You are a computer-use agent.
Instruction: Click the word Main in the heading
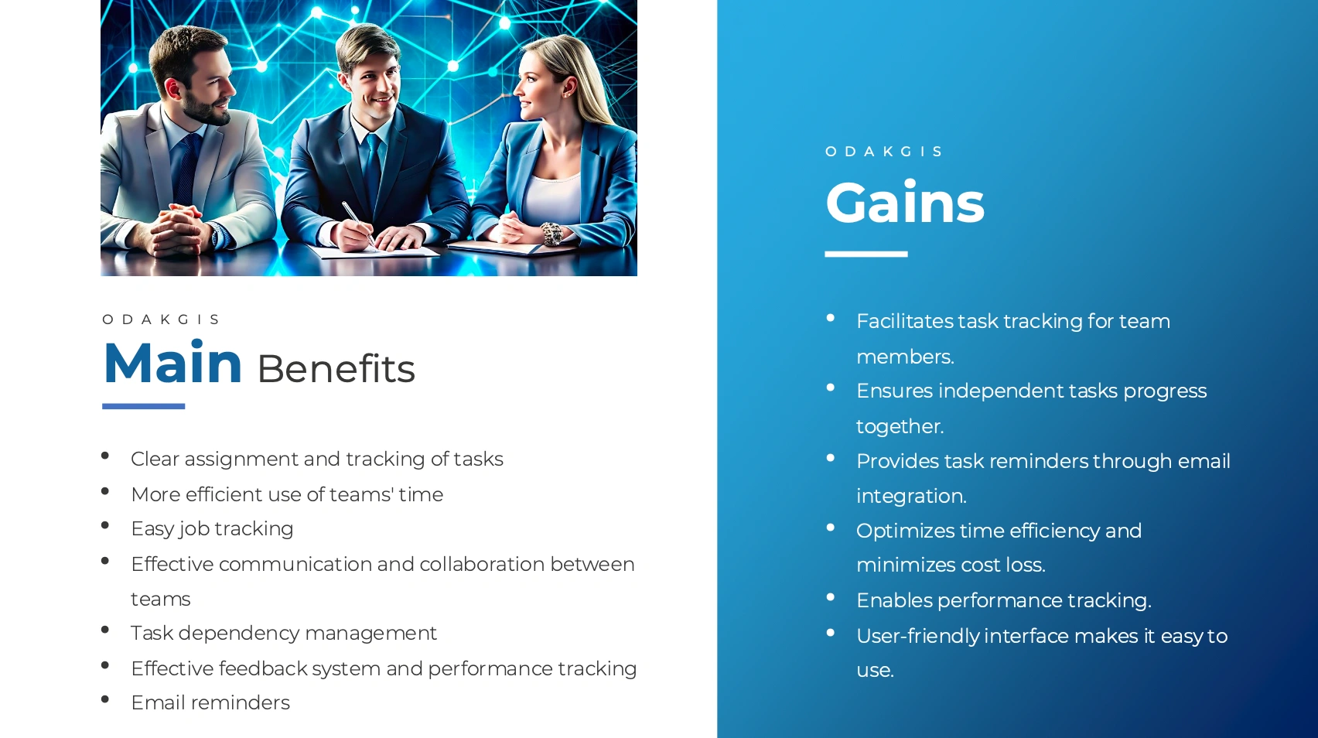point(172,363)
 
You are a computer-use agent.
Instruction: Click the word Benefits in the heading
point(336,369)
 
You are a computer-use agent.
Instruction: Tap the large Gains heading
point(905,203)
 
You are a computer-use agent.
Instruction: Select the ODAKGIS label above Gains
point(884,152)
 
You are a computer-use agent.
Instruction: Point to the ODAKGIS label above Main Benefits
point(161,319)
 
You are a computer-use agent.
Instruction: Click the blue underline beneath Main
point(144,406)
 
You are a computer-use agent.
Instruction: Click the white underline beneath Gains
point(866,255)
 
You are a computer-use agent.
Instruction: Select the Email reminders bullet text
point(210,702)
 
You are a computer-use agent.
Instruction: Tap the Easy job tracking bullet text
point(213,528)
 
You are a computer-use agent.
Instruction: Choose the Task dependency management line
point(284,634)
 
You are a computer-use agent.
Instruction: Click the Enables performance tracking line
point(1004,600)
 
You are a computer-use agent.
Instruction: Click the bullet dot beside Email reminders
point(105,699)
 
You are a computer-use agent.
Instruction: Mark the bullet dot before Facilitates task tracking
point(831,318)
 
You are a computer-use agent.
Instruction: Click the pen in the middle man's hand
point(358,223)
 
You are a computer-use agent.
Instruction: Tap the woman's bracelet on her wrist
point(552,234)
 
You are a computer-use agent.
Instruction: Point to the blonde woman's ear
point(569,87)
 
